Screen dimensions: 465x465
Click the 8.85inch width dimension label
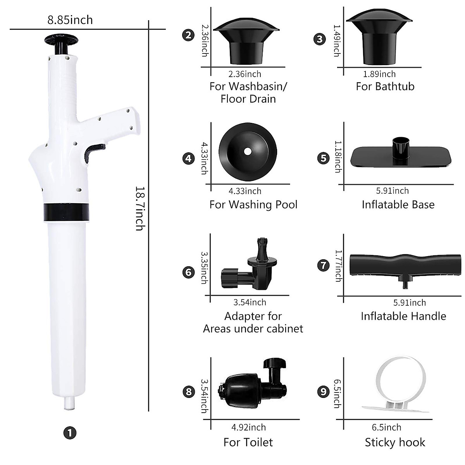tap(70, 20)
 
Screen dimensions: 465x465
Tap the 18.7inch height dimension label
tap(139, 208)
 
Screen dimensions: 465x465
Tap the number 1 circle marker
tap(70, 432)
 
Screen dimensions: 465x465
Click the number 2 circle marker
tap(188, 35)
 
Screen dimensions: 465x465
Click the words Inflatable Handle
tap(403, 316)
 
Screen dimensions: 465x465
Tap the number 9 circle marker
tap(323, 392)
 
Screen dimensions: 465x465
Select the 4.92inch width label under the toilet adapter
tap(248, 427)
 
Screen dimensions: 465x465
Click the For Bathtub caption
tap(385, 86)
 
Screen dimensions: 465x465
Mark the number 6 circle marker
tap(188, 272)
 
